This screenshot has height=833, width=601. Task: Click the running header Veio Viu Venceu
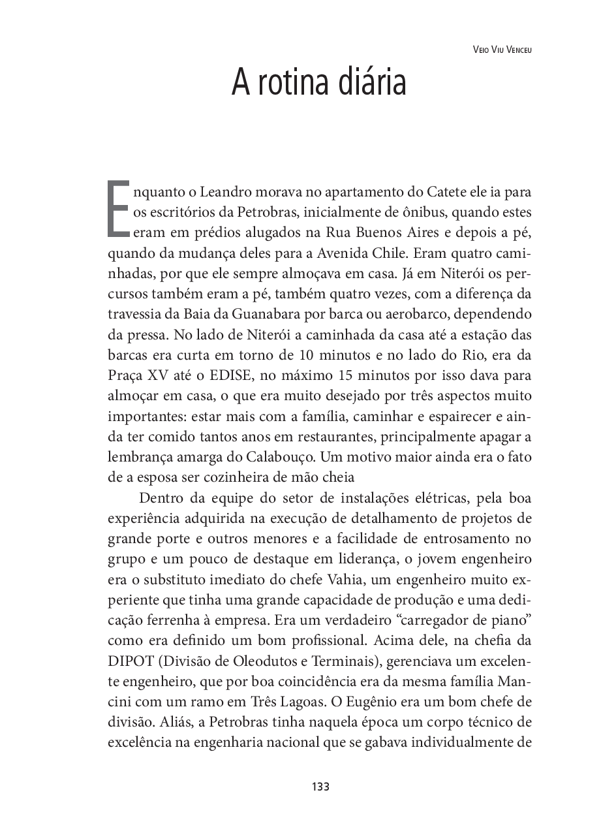(x=501, y=49)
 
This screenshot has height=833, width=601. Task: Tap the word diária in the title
(x=370, y=83)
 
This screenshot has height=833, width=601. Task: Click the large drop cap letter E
(x=117, y=207)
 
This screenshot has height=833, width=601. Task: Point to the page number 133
(x=320, y=787)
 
